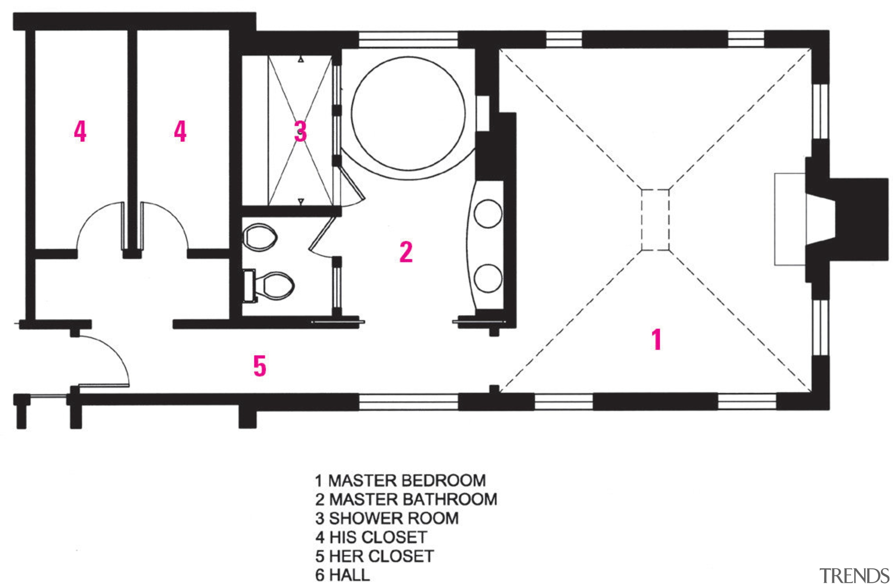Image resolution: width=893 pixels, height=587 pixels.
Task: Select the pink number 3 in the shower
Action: tap(300, 131)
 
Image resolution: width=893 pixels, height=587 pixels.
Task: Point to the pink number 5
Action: tap(260, 366)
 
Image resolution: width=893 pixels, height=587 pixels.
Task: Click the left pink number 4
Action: tap(80, 131)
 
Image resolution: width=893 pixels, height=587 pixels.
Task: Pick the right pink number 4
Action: tap(180, 131)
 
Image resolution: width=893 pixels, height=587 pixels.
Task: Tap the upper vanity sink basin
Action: tap(488, 214)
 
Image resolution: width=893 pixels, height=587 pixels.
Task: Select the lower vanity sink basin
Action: tap(488, 278)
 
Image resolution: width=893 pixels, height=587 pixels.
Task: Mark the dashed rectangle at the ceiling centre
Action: tap(655, 220)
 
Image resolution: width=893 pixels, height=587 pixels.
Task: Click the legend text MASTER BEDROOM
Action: tap(407, 481)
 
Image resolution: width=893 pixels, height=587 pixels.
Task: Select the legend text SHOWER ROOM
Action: tap(393, 518)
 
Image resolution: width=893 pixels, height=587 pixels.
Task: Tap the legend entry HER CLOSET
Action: tap(381, 556)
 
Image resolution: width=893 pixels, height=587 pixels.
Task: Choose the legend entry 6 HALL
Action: tap(342, 575)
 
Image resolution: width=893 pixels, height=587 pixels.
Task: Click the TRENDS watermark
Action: tap(854, 576)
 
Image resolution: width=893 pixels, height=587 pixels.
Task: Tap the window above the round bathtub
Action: tap(408, 39)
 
